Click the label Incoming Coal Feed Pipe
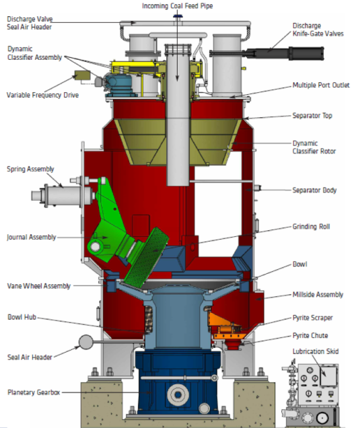(178, 6)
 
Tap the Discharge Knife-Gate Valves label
(318, 30)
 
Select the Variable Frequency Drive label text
(42, 95)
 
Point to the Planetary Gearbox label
(34, 392)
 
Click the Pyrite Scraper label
(312, 318)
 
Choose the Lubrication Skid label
(316, 351)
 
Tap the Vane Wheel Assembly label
(39, 286)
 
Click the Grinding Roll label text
(311, 226)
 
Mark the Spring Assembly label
(30, 169)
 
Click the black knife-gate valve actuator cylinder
(285, 53)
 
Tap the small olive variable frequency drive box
(82, 75)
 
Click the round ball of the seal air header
(85, 342)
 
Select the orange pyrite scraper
(224, 326)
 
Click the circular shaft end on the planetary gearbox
(178, 395)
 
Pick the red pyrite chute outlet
(232, 345)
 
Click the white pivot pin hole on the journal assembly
(96, 247)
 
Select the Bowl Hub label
(22, 317)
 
